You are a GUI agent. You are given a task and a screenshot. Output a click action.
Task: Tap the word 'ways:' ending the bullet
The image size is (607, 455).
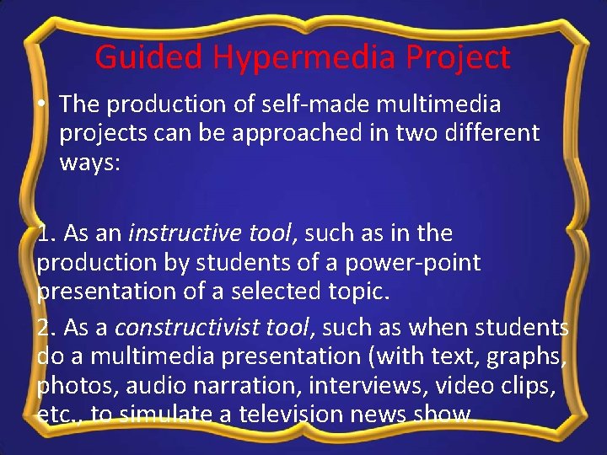(90, 163)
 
